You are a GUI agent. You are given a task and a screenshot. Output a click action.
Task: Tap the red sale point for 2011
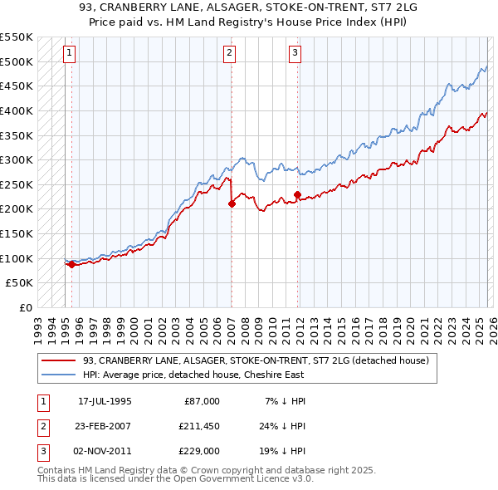pyautogui.click(x=297, y=194)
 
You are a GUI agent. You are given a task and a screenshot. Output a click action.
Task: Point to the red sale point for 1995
pyautogui.click(x=71, y=265)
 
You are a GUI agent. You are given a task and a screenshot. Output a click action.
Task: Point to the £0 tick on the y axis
pyautogui.click(x=24, y=307)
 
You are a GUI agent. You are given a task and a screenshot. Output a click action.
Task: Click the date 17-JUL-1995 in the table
pyautogui.click(x=105, y=401)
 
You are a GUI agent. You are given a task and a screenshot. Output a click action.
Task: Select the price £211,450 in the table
pyautogui.click(x=199, y=426)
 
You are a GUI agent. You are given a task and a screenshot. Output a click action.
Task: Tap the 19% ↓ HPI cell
pyautogui.click(x=284, y=451)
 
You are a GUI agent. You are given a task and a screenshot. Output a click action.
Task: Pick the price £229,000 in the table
pyautogui.click(x=199, y=451)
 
